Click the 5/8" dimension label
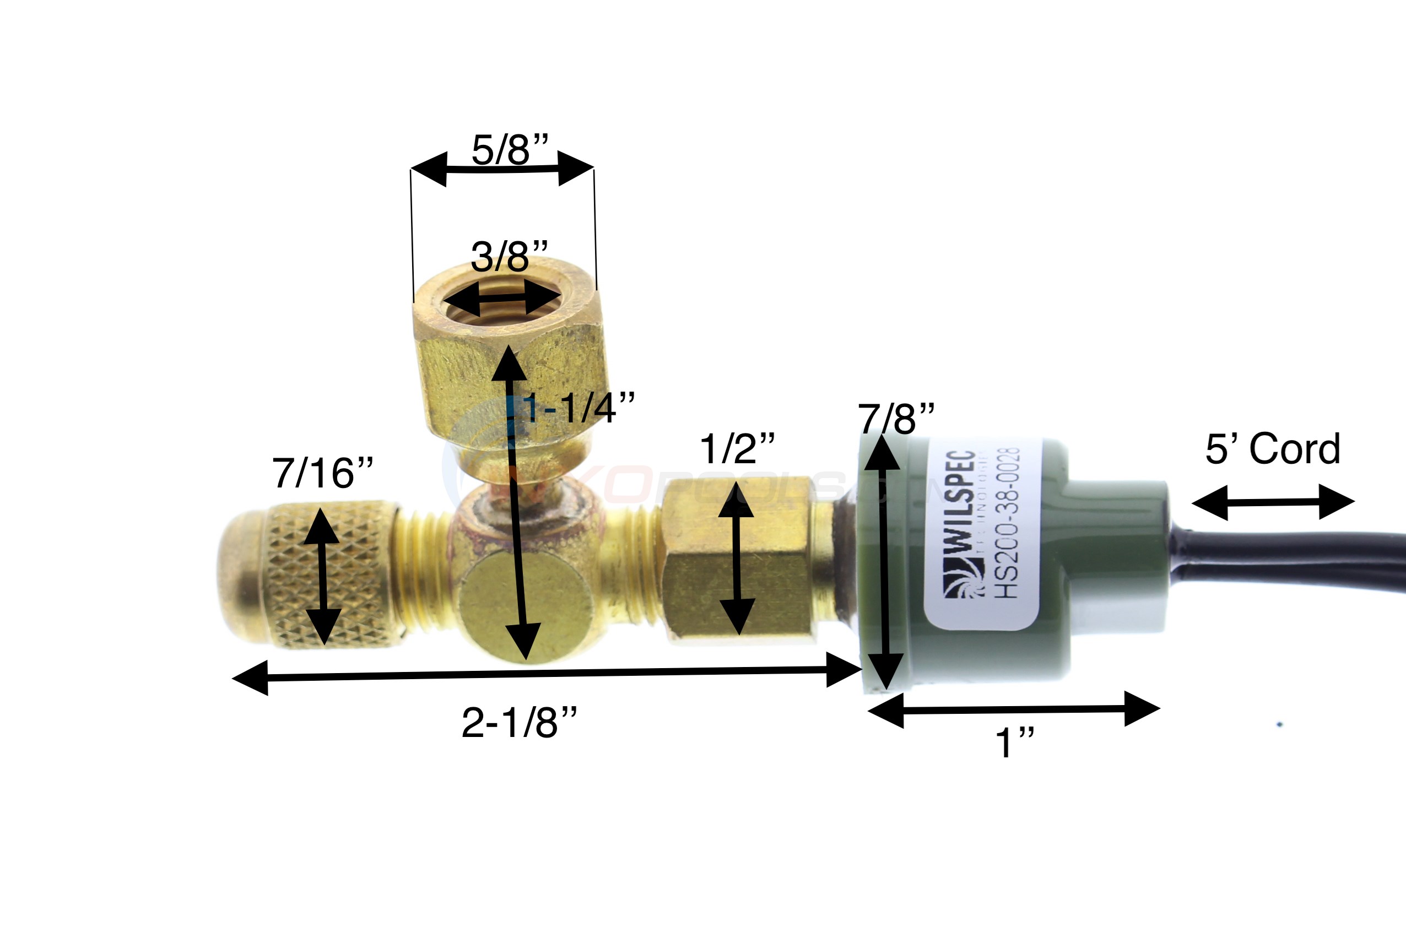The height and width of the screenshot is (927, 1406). click(510, 150)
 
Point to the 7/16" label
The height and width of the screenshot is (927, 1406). click(322, 473)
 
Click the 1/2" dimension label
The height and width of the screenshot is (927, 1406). click(737, 449)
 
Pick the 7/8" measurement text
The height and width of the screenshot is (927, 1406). click(896, 419)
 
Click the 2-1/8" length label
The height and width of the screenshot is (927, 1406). click(518, 723)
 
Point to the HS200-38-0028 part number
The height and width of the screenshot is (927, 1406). click(1007, 523)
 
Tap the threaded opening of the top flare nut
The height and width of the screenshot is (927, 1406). click(502, 299)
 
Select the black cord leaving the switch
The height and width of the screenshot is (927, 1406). click(1289, 559)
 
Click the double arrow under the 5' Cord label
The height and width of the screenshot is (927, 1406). click(1272, 502)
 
